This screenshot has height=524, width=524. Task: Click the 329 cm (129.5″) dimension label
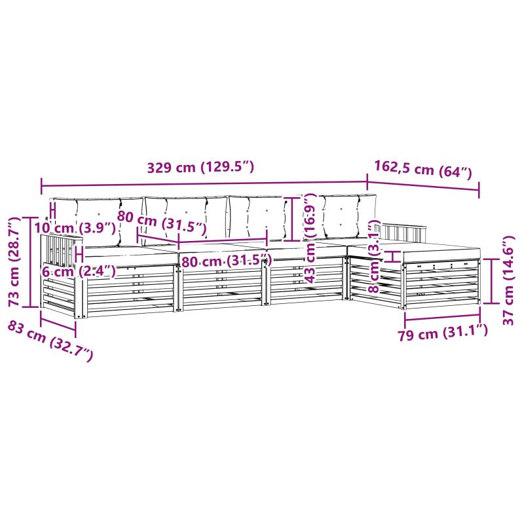(200, 167)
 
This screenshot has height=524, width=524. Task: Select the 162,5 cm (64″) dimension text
(422, 170)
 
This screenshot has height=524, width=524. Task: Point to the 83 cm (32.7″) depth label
(50, 341)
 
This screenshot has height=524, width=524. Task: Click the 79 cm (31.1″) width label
(443, 332)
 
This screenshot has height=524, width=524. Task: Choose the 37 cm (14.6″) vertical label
(508, 280)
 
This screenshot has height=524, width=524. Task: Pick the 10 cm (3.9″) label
(75, 228)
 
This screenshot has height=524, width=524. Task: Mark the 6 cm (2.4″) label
(79, 271)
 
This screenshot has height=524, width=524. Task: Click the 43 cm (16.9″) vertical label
(310, 239)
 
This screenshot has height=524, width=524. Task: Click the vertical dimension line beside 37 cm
(492, 280)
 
